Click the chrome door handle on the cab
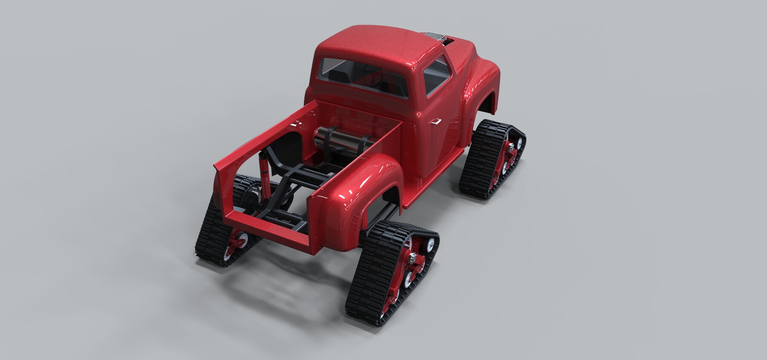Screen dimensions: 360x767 coord(436,122)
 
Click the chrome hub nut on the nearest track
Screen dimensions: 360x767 coord(413,257)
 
